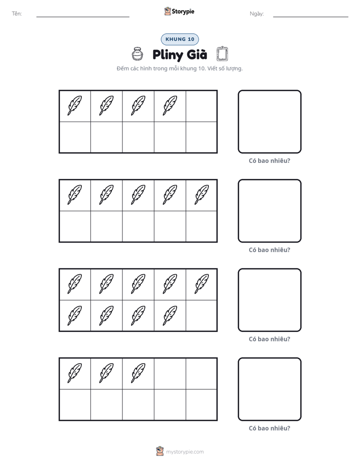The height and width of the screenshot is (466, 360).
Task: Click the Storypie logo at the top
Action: [x=179, y=11]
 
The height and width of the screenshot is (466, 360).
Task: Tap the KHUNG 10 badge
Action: [x=179, y=39]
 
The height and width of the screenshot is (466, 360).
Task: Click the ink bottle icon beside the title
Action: [x=137, y=54]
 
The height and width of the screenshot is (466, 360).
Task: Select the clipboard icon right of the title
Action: [x=222, y=54]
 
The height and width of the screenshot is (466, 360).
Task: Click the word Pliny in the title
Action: [x=167, y=55]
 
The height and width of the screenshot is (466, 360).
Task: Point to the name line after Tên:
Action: [x=83, y=17]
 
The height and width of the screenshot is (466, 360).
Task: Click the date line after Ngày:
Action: [x=311, y=17]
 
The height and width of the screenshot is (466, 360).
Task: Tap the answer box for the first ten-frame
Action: [x=270, y=122]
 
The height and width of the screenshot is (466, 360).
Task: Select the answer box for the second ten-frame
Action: [x=270, y=211]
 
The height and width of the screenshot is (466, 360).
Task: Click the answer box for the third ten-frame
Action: [x=270, y=300]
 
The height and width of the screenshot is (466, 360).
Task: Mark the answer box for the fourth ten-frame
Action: [x=270, y=389]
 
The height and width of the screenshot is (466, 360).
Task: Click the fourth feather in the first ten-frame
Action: [x=170, y=105]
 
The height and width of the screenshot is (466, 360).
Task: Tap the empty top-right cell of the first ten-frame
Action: [x=201, y=106]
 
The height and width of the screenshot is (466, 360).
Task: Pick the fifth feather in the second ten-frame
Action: [x=202, y=195]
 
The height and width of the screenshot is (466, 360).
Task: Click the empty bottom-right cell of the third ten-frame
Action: [x=201, y=316]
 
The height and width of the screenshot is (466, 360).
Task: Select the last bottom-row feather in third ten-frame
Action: [x=170, y=316]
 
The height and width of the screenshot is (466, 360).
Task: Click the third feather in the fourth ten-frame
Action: [x=138, y=373]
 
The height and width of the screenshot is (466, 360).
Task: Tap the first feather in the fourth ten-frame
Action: [x=75, y=373]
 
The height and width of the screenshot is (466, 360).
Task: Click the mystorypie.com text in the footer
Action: [x=185, y=452]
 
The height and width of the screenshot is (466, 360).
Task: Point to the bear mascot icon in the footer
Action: [x=160, y=451]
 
